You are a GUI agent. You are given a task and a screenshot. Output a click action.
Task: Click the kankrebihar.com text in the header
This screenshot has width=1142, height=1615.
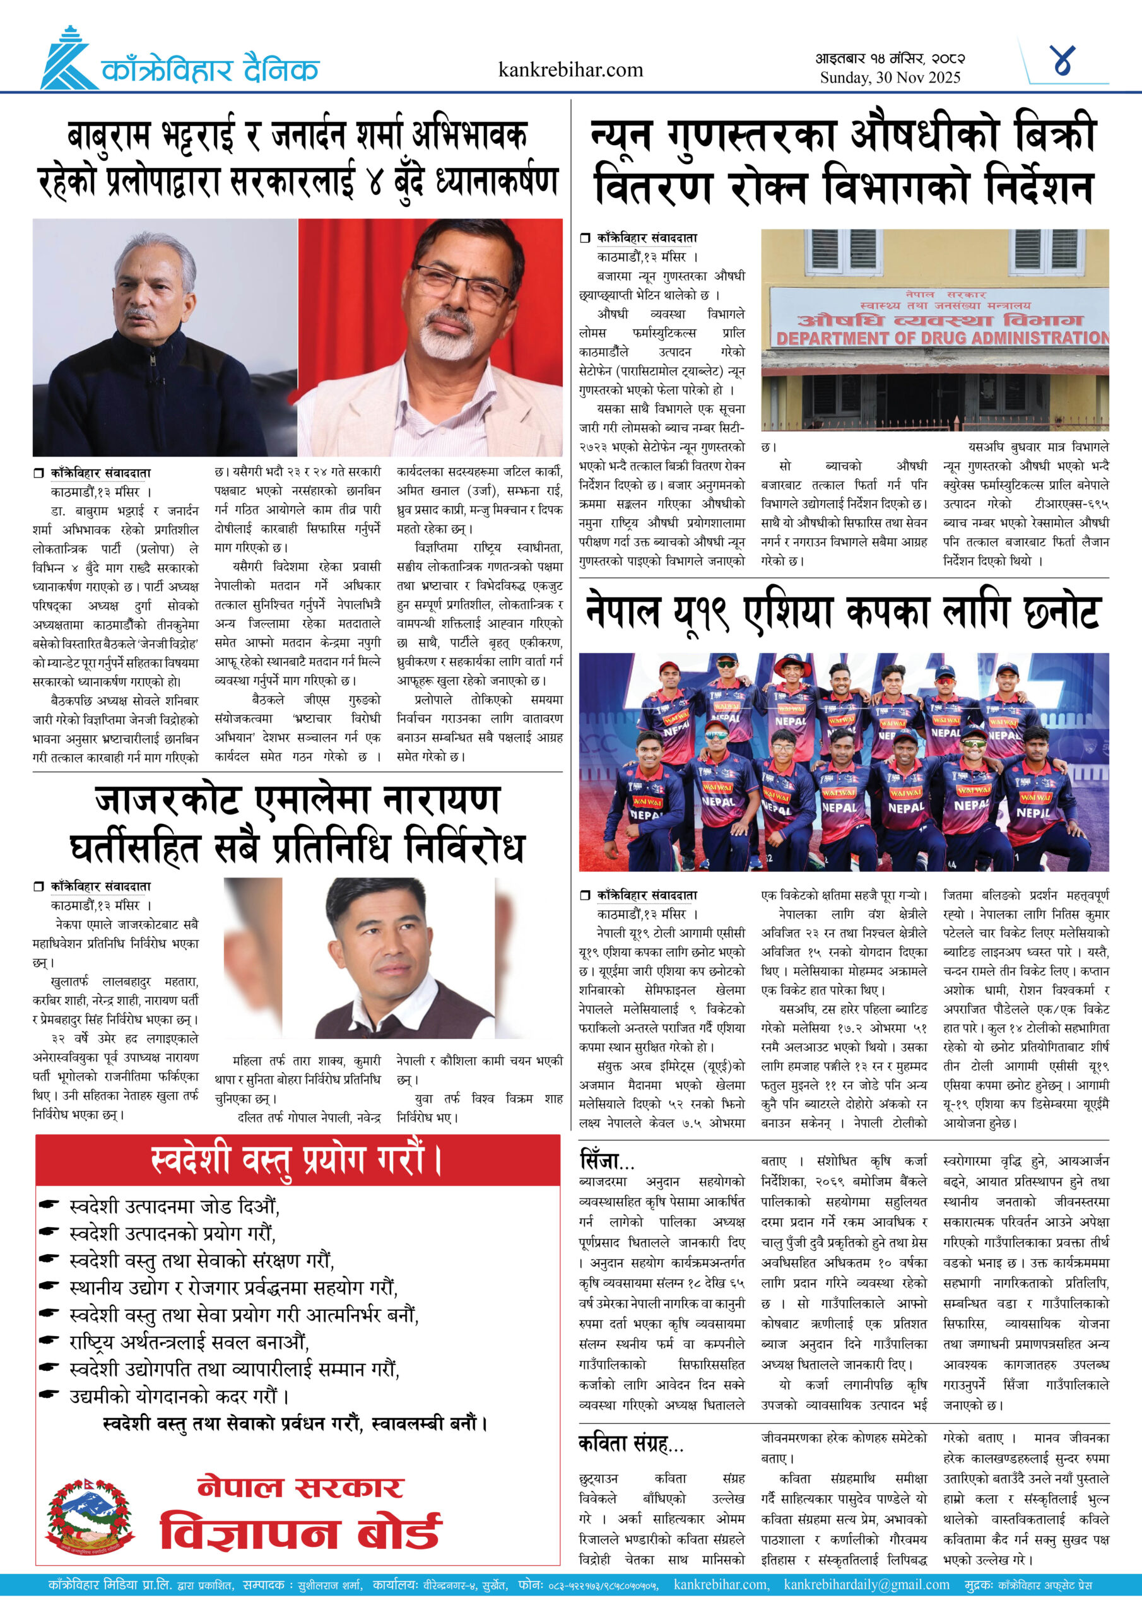tap(570, 69)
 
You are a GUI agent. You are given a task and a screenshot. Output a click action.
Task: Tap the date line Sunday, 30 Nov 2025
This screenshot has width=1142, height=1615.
tap(890, 78)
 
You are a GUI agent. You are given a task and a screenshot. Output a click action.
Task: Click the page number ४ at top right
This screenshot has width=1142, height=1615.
tap(1063, 62)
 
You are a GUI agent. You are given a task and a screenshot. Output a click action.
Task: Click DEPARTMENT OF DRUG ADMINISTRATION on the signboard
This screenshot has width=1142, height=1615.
tap(941, 338)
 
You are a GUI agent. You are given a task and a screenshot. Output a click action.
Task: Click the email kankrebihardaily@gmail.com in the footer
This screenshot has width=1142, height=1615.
tap(866, 1585)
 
